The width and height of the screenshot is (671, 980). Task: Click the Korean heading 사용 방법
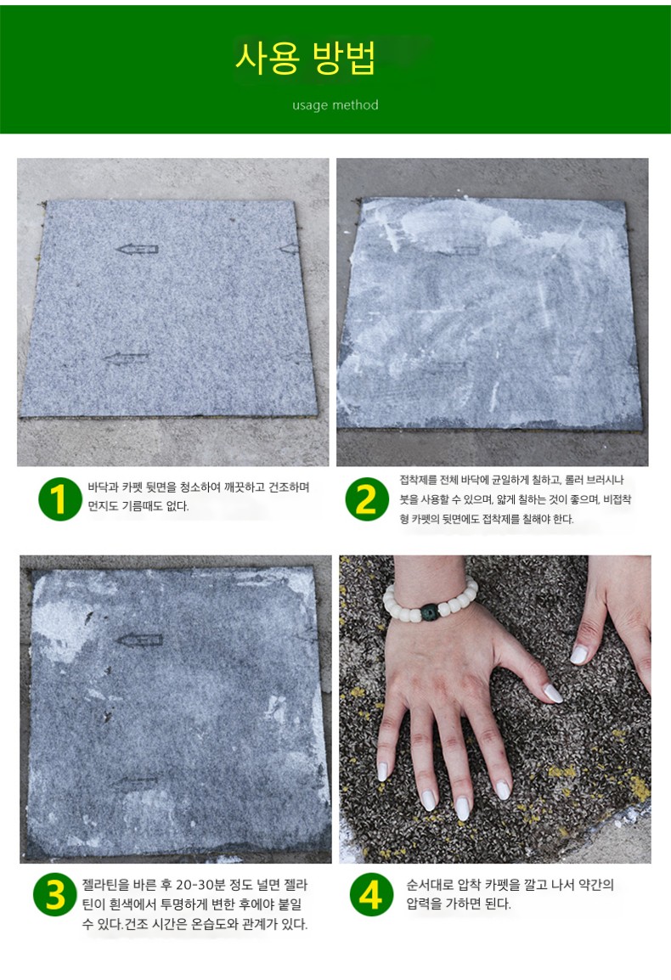click(x=306, y=59)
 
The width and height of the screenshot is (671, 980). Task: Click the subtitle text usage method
click(x=335, y=105)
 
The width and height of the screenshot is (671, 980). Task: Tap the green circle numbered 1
click(x=60, y=498)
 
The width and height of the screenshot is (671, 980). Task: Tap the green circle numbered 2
click(x=367, y=498)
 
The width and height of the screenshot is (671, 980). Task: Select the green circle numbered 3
click(x=55, y=894)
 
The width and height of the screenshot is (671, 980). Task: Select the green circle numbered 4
click(x=371, y=894)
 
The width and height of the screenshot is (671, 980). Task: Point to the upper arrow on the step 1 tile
click(x=137, y=250)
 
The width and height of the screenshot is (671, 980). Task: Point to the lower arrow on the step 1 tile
click(x=127, y=358)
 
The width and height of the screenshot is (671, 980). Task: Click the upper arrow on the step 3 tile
click(x=140, y=639)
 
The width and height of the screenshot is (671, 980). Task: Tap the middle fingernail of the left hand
click(x=462, y=808)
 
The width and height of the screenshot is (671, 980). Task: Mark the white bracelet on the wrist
click(x=431, y=601)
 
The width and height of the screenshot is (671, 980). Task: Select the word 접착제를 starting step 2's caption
click(x=419, y=481)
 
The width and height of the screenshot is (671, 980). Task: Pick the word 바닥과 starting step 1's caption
click(x=103, y=487)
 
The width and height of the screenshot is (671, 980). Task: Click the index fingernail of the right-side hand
click(x=579, y=655)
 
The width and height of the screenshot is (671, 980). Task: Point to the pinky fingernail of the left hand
click(x=383, y=771)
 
